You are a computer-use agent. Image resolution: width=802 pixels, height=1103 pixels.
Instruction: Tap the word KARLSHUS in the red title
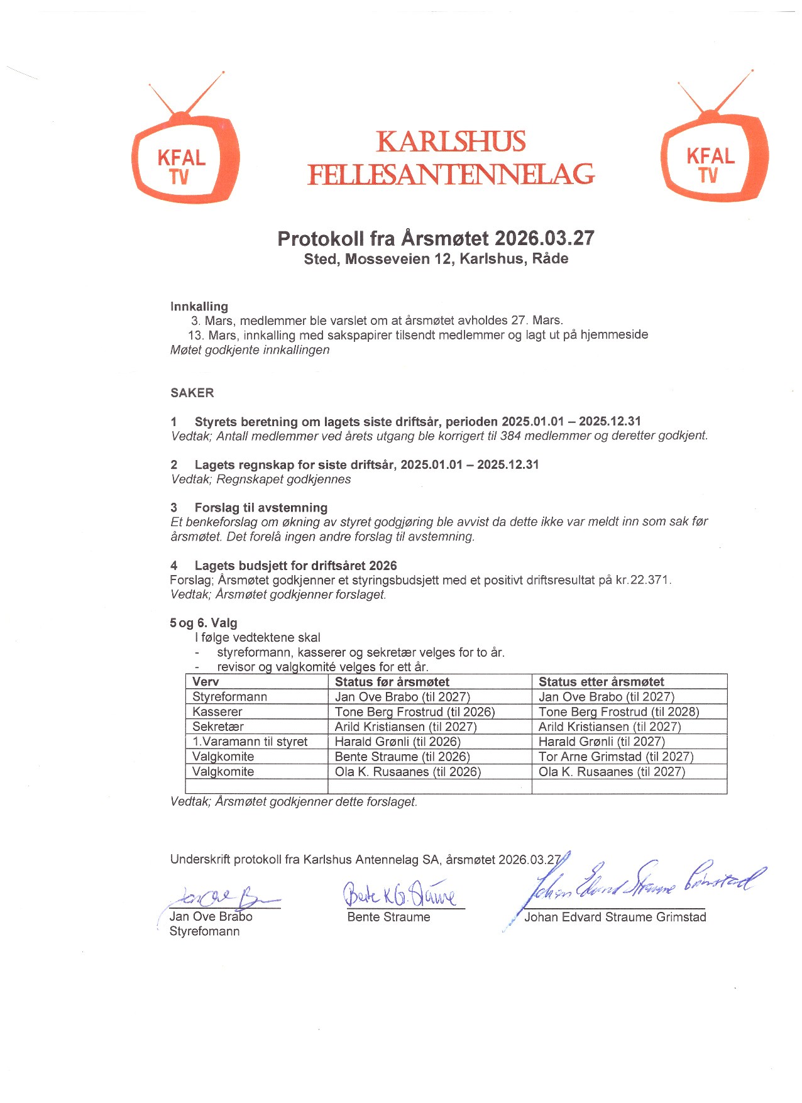tap(451, 142)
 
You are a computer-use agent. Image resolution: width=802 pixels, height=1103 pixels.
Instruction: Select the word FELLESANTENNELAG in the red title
tap(451, 174)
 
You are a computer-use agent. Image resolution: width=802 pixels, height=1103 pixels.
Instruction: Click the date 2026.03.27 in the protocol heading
tap(544, 239)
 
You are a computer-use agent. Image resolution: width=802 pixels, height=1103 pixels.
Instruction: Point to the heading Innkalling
tap(199, 307)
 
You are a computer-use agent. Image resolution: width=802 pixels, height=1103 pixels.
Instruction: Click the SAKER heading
tap(192, 393)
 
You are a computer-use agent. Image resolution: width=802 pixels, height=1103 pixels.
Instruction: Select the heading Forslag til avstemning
tap(261, 508)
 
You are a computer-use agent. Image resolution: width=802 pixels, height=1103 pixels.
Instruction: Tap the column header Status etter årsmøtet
tap(601, 682)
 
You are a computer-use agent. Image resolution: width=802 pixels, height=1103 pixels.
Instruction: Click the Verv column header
tap(206, 682)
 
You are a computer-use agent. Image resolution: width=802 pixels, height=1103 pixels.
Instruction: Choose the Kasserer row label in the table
tap(217, 712)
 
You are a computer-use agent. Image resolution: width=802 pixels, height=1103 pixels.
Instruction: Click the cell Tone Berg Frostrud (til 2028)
tap(619, 712)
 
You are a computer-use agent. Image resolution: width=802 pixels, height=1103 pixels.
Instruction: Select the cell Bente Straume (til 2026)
tap(402, 757)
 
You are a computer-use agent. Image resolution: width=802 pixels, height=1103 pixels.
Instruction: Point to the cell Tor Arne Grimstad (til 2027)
tap(616, 757)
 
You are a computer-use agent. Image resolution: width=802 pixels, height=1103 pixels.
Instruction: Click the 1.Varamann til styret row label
tap(250, 742)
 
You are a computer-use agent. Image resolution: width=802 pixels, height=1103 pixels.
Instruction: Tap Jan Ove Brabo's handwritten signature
tap(220, 896)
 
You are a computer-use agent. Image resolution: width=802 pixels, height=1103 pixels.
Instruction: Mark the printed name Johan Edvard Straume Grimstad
tap(615, 918)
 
